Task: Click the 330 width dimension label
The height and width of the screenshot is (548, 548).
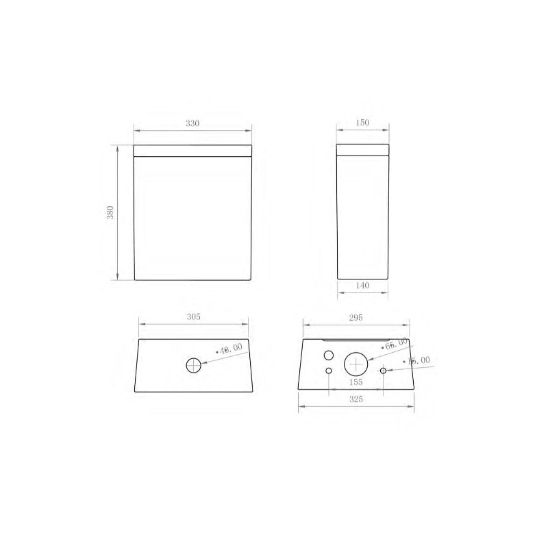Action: (x=192, y=123)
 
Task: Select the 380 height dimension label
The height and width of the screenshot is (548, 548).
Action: (x=110, y=212)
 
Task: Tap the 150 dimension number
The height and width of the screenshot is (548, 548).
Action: (x=362, y=123)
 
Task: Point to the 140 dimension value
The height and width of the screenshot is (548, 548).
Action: (x=362, y=286)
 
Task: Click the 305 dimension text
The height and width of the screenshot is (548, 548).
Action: (x=193, y=317)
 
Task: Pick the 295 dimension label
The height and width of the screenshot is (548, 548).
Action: (x=355, y=317)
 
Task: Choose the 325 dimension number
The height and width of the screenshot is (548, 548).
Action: (x=355, y=399)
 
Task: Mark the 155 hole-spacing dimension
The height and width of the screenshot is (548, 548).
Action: (x=355, y=382)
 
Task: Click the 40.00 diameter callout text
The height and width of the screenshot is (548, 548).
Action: (x=231, y=349)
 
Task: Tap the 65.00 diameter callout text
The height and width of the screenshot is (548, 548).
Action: (x=395, y=345)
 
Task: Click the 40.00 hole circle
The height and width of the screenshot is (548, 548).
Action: (x=195, y=364)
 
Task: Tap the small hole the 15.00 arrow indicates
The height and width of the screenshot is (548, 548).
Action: (x=384, y=371)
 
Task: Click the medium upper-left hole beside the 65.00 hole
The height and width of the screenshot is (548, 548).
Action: (x=328, y=356)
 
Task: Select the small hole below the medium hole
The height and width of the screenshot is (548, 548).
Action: (x=329, y=371)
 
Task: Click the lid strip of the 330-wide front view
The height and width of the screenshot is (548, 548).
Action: (x=193, y=150)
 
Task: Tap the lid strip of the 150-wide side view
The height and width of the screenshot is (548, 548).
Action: (x=363, y=150)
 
